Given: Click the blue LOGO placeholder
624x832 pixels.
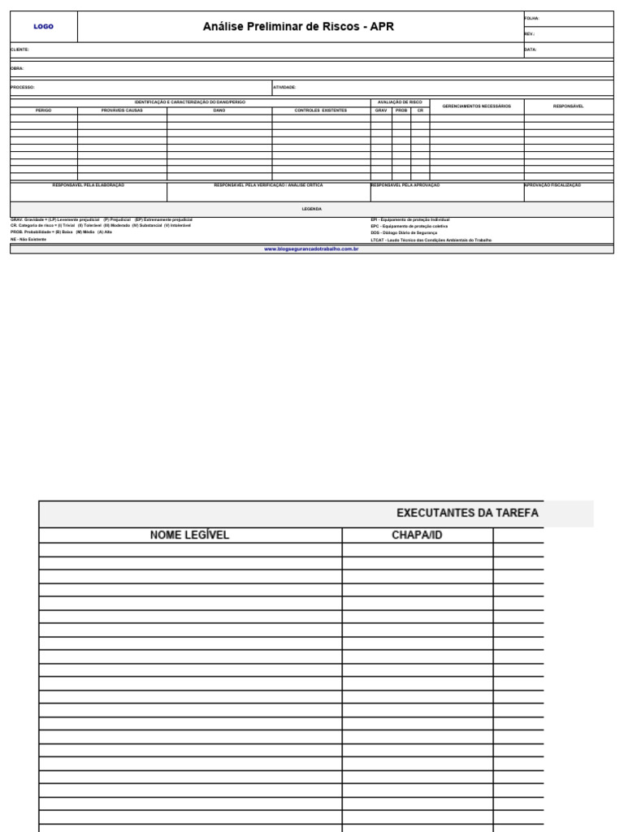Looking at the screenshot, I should (x=43, y=27).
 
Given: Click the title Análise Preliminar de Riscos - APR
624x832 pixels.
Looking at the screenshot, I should (x=298, y=27).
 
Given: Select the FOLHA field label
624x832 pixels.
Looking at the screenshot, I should (x=531, y=18).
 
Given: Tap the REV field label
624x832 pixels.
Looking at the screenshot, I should (x=530, y=34).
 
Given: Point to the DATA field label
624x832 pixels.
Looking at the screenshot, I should (x=531, y=50).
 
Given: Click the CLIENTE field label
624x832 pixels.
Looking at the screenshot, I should (x=20, y=50).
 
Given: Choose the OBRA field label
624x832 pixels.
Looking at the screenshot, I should (x=17, y=68).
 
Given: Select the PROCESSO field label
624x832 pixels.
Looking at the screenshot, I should (x=23, y=87).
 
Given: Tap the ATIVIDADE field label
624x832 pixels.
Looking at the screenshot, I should (x=284, y=87).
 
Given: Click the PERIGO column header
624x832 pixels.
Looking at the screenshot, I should (x=44, y=110).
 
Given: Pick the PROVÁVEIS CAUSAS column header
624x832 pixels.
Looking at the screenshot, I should (x=122, y=110).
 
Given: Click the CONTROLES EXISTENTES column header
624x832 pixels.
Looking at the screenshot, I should (x=320, y=110).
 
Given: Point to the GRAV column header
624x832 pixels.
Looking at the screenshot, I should (x=381, y=110).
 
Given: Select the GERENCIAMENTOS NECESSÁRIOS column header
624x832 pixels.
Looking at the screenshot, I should (x=477, y=106).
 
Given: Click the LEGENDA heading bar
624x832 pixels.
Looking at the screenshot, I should (x=312, y=209).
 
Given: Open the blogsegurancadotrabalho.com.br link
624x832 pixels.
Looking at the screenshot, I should (x=312, y=249).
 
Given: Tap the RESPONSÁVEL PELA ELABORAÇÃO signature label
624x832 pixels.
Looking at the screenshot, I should (x=89, y=185).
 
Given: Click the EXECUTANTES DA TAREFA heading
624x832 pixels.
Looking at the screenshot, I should (x=467, y=513).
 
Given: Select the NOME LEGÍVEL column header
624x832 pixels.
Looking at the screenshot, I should (x=190, y=535).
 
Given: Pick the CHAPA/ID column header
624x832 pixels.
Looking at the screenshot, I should (x=417, y=535).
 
